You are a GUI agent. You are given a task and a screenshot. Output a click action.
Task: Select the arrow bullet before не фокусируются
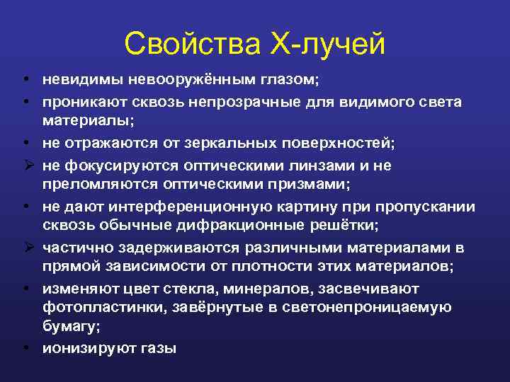pyautogui.click(x=25, y=165)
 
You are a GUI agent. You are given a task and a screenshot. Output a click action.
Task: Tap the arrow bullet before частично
pyautogui.click(x=25, y=247)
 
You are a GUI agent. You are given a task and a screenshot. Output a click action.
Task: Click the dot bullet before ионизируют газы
pyautogui.click(x=25, y=348)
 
